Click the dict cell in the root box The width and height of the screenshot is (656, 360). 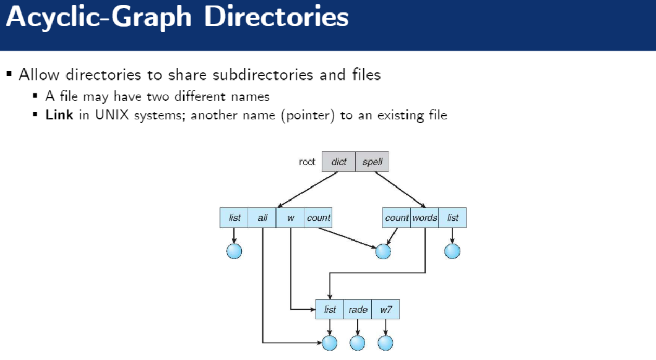[x=338, y=162]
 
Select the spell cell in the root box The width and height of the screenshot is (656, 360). [x=372, y=162]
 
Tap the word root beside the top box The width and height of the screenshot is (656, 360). [x=307, y=162]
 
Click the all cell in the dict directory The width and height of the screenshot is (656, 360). [x=263, y=218]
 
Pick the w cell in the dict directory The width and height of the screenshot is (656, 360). [x=291, y=218]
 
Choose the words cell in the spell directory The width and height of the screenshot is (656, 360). [x=425, y=218]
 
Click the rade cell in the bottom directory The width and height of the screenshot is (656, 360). [x=358, y=310]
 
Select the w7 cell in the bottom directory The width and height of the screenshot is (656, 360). [x=386, y=310]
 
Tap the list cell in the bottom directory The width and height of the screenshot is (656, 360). [x=330, y=310]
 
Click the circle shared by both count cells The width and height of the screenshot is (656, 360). [x=383, y=251]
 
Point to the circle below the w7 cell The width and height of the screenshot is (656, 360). [x=386, y=343]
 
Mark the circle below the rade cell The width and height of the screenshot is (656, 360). [x=358, y=343]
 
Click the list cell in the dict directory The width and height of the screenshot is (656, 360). [x=234, y=218]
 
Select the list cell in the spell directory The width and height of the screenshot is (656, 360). [x=453, y=218]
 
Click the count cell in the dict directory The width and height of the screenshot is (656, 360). [x=318, y=218]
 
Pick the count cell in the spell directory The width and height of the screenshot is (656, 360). [x=397, y=218]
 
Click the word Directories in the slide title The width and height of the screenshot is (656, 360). [x=276, y=18]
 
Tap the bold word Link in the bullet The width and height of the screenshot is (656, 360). [x=59, y=115]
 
